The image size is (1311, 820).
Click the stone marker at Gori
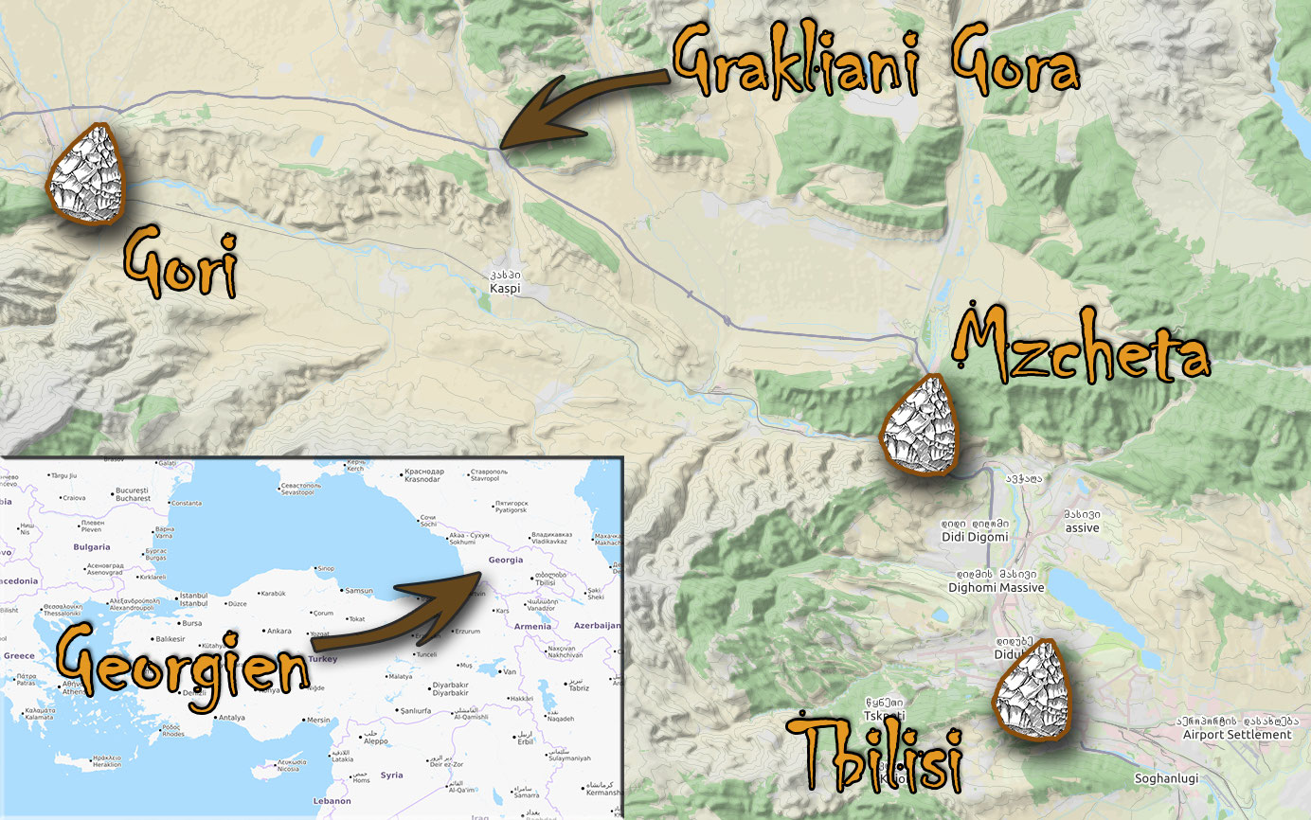(88, 174)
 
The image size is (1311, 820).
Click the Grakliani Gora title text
(876, 62)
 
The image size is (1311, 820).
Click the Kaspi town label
(505, 287)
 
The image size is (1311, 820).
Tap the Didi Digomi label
(974, 537)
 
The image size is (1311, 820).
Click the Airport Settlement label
(1237, 734)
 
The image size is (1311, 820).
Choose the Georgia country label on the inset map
(505, 560)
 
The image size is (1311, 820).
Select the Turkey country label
(322, 659)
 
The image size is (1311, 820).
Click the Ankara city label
(278, 631)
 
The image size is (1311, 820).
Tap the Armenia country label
(532, 626)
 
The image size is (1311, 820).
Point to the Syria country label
(391, 775)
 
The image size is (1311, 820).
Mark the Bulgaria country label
(92, 546)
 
